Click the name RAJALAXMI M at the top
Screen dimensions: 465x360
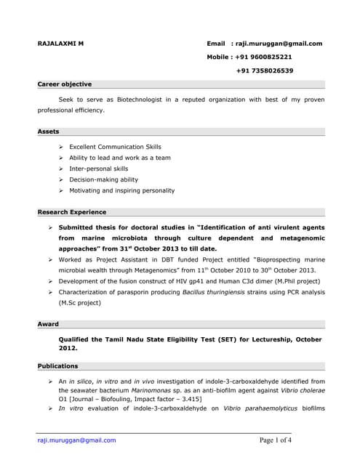click(x=60, y=43)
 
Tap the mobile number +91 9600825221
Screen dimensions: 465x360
click(x=264, y=57)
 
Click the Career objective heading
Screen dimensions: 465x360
click(x=65, y=84)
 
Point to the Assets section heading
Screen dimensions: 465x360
click(x=49, y=132)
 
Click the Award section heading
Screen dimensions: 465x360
click(x=48, y=324)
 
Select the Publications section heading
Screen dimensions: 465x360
click(x=57, y=365)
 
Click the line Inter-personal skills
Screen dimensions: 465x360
click(x=98, y=169)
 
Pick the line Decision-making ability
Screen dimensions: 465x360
click(x=103, y=179)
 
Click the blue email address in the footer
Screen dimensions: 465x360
click(x=76, y=440)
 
